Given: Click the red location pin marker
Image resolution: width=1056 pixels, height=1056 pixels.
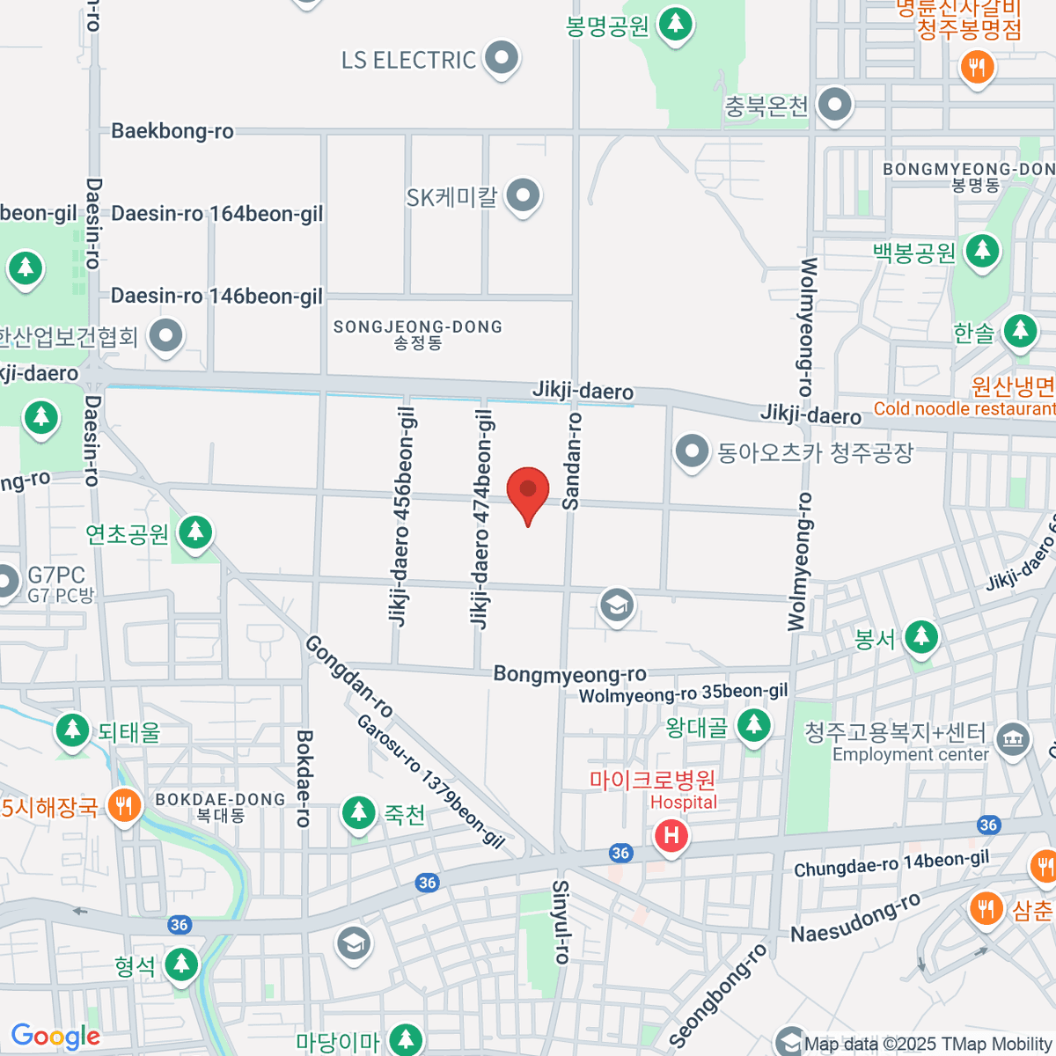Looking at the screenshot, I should (x=528, y=491).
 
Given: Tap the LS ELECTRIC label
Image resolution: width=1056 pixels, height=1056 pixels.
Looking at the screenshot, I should (x=408, y=60).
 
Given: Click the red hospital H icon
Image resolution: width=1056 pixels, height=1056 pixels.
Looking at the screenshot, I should (x=671, y=835).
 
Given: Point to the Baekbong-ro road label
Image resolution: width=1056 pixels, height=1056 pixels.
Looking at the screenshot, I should (x=172, y=131).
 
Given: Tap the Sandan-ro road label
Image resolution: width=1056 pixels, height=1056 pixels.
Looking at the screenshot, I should (x=572, y=461).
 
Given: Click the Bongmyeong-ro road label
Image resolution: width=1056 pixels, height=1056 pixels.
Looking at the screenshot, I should (x=569, y=674).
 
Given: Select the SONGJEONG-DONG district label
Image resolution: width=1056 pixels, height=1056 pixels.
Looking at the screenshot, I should (x=417, y=334).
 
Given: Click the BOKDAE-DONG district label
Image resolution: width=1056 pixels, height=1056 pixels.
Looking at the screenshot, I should (x=220, y=806).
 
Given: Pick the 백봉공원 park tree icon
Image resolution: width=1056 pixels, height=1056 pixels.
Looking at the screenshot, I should (x=982, y=252).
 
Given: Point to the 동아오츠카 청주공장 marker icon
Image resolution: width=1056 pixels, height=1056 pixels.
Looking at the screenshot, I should (x=692, y=451).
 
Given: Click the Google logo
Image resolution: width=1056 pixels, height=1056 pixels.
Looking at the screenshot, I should (x=55, y=1037).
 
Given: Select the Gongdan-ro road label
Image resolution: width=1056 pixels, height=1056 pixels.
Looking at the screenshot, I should (x=349, y=676).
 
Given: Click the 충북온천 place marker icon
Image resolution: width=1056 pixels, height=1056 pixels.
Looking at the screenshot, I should (x=834, y=105).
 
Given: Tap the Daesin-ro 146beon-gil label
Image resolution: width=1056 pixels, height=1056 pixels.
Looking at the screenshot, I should (x=216, y=296).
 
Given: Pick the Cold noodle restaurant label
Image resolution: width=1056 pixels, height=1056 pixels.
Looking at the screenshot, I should (x=964, y=408).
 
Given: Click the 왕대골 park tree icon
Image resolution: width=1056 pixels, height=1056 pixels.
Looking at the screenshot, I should (x=753, y=726).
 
